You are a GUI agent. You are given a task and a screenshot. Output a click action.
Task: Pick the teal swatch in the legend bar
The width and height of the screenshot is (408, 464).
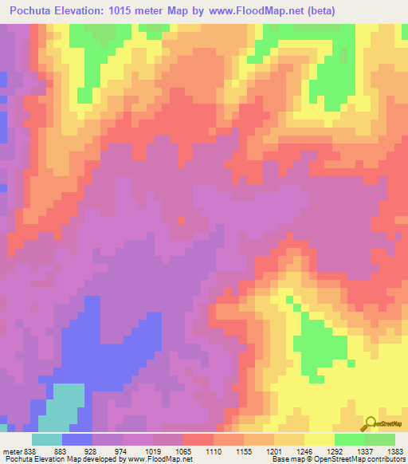pos(47,439)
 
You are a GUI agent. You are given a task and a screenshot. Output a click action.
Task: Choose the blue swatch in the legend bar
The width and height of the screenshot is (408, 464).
pos(78,439)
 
